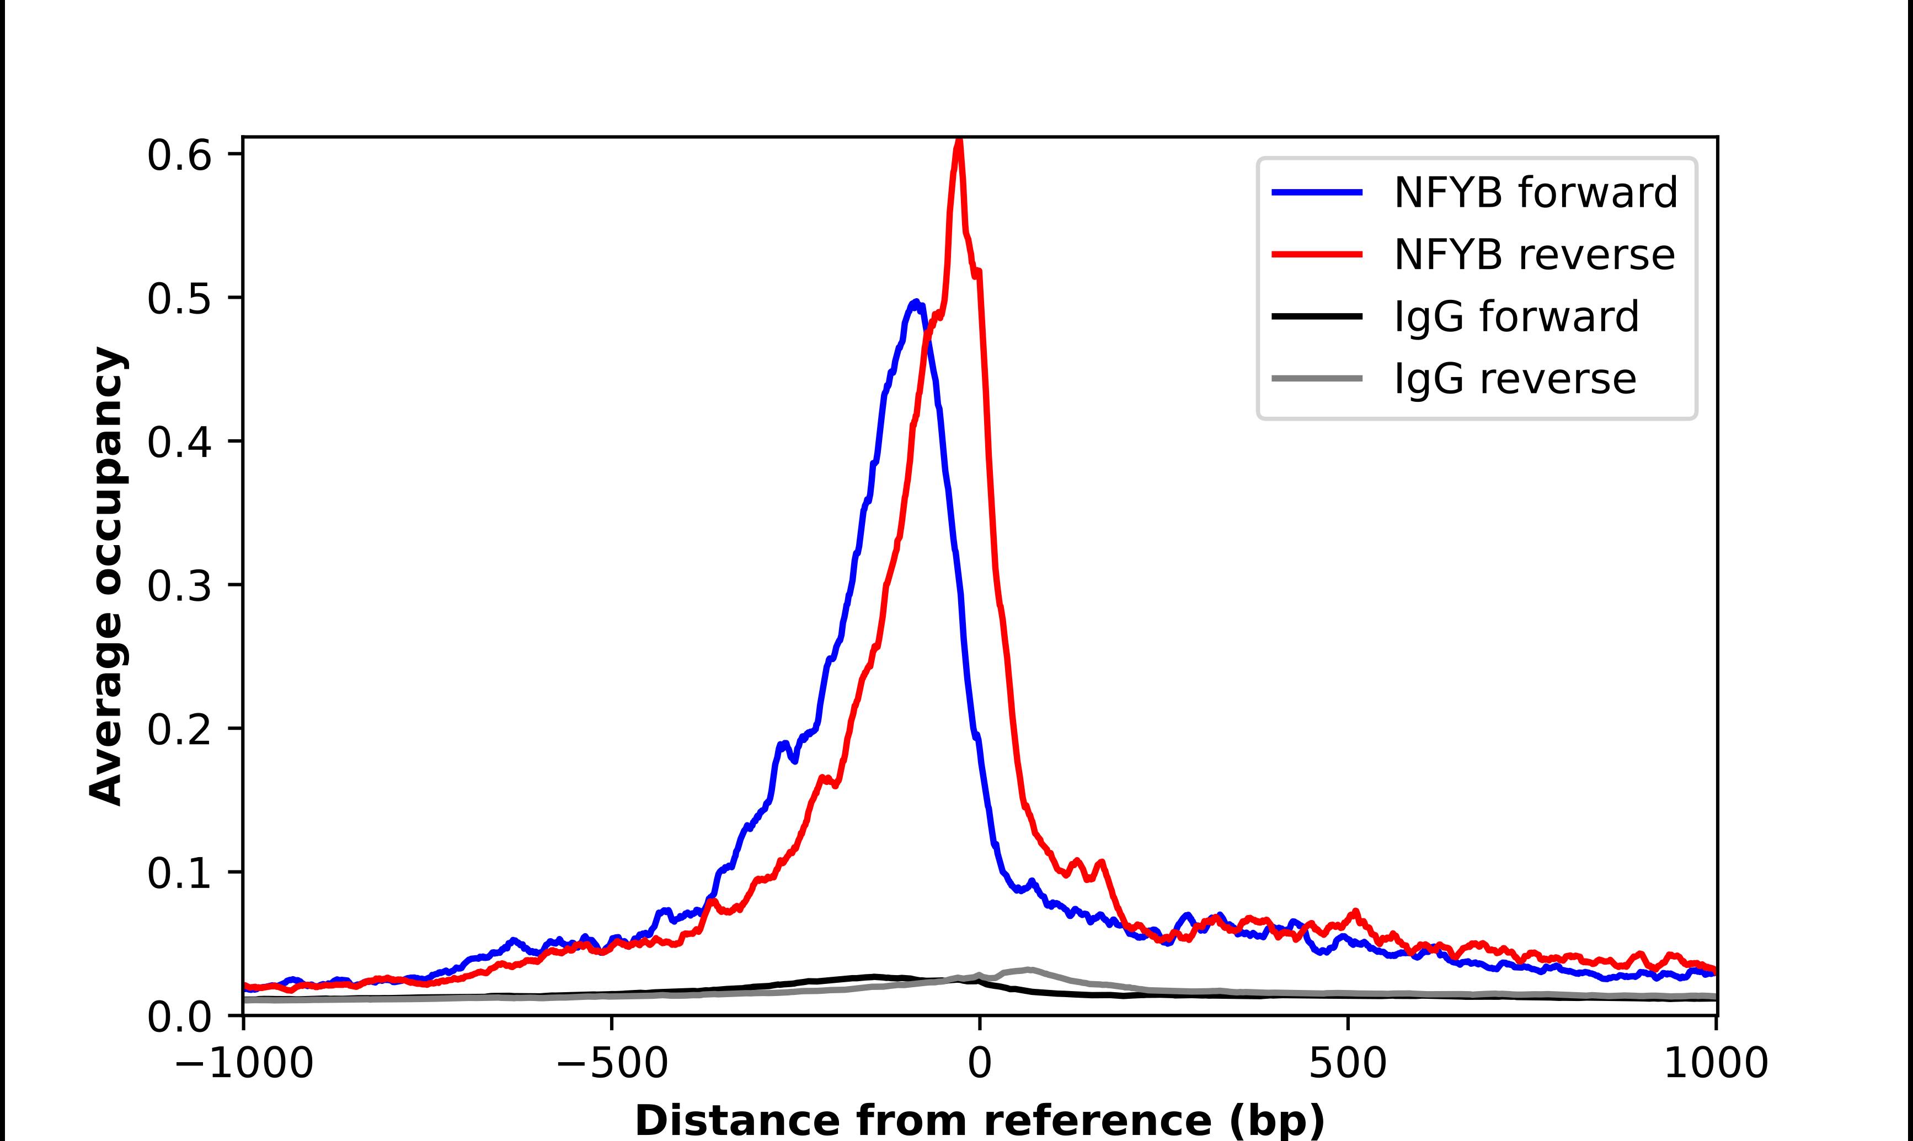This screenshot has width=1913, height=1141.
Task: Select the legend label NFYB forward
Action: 1535,192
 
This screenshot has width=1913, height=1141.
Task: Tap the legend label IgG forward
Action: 1516,317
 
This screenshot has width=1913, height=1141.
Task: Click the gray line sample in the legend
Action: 1317,378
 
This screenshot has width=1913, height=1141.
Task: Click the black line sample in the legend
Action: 1317,316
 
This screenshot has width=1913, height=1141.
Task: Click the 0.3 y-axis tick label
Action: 179,586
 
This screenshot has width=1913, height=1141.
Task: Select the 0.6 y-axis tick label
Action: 179,155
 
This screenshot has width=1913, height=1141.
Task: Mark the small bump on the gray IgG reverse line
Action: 1027,970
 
